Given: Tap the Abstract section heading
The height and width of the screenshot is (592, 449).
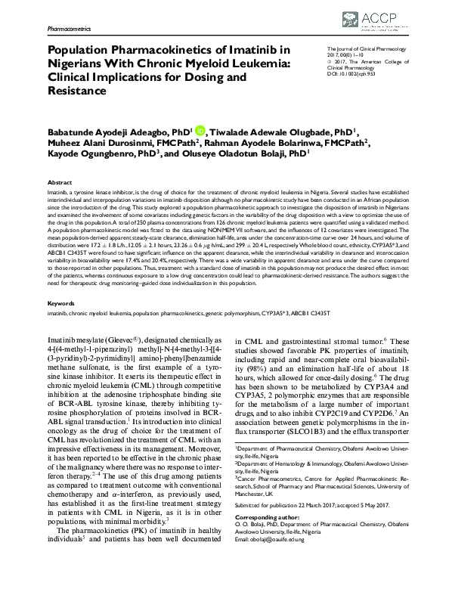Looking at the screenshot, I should click(60, 183).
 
